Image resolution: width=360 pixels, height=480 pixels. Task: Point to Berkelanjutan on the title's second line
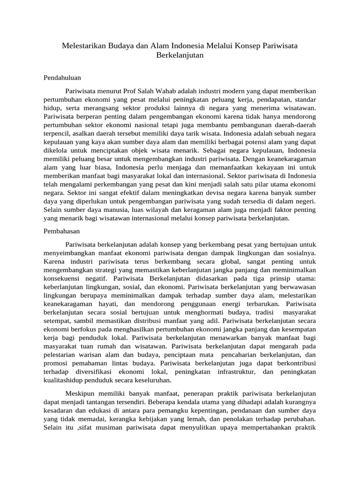point(180,55)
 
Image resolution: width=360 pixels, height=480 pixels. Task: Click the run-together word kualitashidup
point(64,380)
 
